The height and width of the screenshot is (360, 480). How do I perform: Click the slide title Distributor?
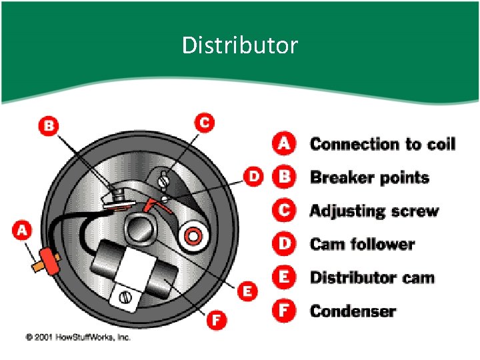[240, 45]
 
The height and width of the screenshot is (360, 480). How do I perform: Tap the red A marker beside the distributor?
[22, 231]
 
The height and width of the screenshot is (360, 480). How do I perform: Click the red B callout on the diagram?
[49, 126]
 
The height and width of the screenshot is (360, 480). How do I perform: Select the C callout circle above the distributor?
[205, 123]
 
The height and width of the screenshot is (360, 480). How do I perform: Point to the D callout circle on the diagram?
[253, 177]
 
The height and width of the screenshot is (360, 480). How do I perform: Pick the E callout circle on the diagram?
[247, 291]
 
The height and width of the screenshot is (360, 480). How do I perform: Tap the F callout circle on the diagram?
[217, 320]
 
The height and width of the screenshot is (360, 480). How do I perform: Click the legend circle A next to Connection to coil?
[284, 143]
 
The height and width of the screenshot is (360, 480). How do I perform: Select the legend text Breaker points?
[370, 178]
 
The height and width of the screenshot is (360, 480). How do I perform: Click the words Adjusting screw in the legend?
[375, 211]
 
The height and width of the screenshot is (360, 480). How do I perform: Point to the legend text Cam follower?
[363, 244]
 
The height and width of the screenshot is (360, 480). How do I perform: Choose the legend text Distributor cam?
[372, 277]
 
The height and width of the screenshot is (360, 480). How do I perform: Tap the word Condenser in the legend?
[353, 311]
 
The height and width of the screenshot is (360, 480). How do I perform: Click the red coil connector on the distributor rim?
[49, 261]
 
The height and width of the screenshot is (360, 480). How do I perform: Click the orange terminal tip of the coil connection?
[37, 266]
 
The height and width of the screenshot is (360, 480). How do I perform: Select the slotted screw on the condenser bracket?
[125, 297]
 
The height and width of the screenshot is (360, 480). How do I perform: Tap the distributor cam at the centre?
[140, 229]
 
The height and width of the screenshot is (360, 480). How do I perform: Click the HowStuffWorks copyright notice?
[78, 337]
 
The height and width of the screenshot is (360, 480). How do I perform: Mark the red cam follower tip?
[150, 204]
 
